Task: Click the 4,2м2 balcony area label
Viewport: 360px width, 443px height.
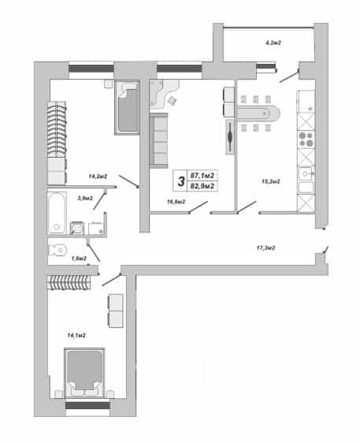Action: point(273,43)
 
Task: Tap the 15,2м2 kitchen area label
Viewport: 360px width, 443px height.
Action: point(271,181)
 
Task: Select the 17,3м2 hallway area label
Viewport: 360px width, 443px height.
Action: point(265,248)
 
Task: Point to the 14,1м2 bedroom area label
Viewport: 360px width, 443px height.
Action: point(76,335)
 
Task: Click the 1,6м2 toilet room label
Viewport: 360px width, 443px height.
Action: point(79,259)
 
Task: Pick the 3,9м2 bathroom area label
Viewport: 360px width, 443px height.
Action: point(85,199)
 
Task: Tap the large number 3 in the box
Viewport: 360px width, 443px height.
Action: point(180,181)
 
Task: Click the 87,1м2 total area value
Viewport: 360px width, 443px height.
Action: point(202,176)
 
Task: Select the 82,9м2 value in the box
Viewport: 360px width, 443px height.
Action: point(202,186)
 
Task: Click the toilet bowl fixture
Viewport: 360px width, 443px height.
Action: point(58,250)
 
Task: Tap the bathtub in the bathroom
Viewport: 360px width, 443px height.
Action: point(57,213)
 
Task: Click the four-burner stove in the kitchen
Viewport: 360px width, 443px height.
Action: point(306,139)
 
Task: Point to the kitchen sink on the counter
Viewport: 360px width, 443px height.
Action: point(306,173)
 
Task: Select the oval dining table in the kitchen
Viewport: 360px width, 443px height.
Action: point(258,114)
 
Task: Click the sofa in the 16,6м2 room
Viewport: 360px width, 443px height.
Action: point(158,140)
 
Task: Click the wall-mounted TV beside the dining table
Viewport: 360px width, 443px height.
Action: point(230,136)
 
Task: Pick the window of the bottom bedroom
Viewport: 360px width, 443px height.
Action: point(87,405)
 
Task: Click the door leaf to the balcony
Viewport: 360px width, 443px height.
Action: point(289,76)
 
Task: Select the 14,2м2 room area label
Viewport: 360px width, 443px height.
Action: point(98,177)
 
